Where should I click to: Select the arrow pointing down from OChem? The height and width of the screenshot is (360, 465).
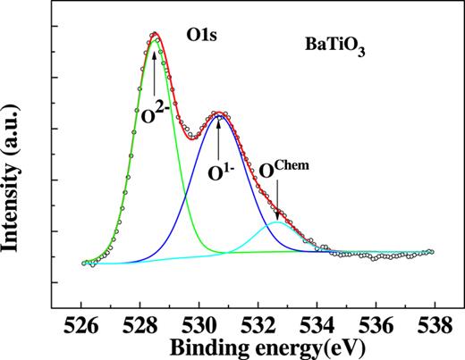tap(277, 205)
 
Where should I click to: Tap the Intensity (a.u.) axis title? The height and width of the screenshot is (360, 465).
tap(17, 179)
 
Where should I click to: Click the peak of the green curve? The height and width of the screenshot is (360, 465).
tap(156, 40)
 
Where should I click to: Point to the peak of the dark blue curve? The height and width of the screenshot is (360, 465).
tap(217, 116)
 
